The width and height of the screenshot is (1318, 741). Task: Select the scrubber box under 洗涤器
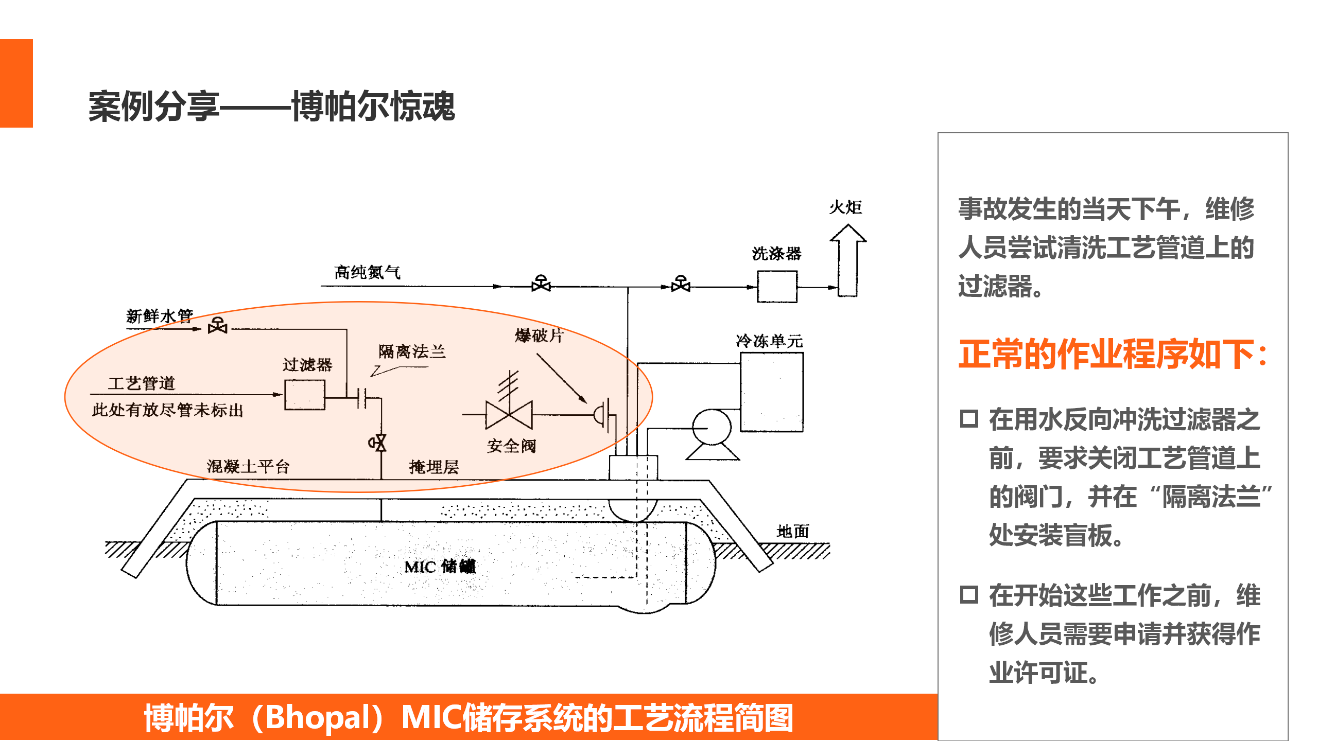click(777, 287)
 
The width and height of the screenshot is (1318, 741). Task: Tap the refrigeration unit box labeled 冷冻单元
click(771, 392)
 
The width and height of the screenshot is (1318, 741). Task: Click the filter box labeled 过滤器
click(305, 395)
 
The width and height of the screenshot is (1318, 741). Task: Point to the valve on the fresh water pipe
click(218, 326)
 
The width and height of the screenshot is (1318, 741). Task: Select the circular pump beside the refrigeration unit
click(712, 427)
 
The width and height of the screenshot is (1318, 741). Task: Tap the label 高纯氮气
click(367, 272)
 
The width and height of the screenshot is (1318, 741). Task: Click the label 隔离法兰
click(412, 352)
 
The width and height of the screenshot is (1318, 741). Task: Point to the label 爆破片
click(539, 336)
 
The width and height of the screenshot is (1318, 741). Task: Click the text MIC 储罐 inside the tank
click(440, 567)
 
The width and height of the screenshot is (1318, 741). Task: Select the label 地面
click(793, 531)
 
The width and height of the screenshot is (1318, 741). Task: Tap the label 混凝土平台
click(248, 467)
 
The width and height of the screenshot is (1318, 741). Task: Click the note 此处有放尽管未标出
click(167, 410)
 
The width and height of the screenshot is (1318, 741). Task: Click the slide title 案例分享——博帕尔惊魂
click(272, 107)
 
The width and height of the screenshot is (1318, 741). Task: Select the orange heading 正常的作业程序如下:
click(1112, 355)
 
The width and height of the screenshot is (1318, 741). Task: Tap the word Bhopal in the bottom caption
click(321, 717)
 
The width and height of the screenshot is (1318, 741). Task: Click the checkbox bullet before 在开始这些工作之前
click(968, 595)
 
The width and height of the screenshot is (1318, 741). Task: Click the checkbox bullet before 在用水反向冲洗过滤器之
click(968, 419)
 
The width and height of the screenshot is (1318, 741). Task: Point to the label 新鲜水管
click(160, 315)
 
